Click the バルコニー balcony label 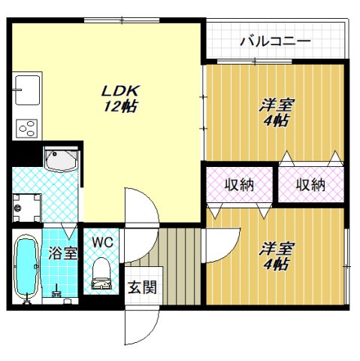(x=275, y=41)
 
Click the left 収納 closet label (x=239, y=184)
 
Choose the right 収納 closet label (x=309, y=184)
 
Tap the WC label (x=101, y=242)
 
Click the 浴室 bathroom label (x=63, y=253)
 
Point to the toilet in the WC (x=100, y=275)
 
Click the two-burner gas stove (x=28, y=128)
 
